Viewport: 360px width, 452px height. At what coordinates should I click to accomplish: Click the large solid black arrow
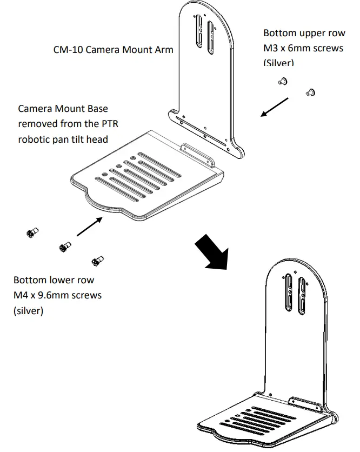[x=213, y=250]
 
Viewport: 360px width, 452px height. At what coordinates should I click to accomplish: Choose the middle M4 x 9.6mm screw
[x=65, y=248]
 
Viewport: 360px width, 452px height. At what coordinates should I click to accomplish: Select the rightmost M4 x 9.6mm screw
[x=98, y=261]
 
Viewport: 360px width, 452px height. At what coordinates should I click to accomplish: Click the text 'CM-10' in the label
[x=68, y=50]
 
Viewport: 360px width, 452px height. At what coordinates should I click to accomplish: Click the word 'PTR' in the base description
[x=108, y=124]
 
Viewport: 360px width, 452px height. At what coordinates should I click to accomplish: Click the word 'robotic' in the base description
[x=35, y=139]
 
